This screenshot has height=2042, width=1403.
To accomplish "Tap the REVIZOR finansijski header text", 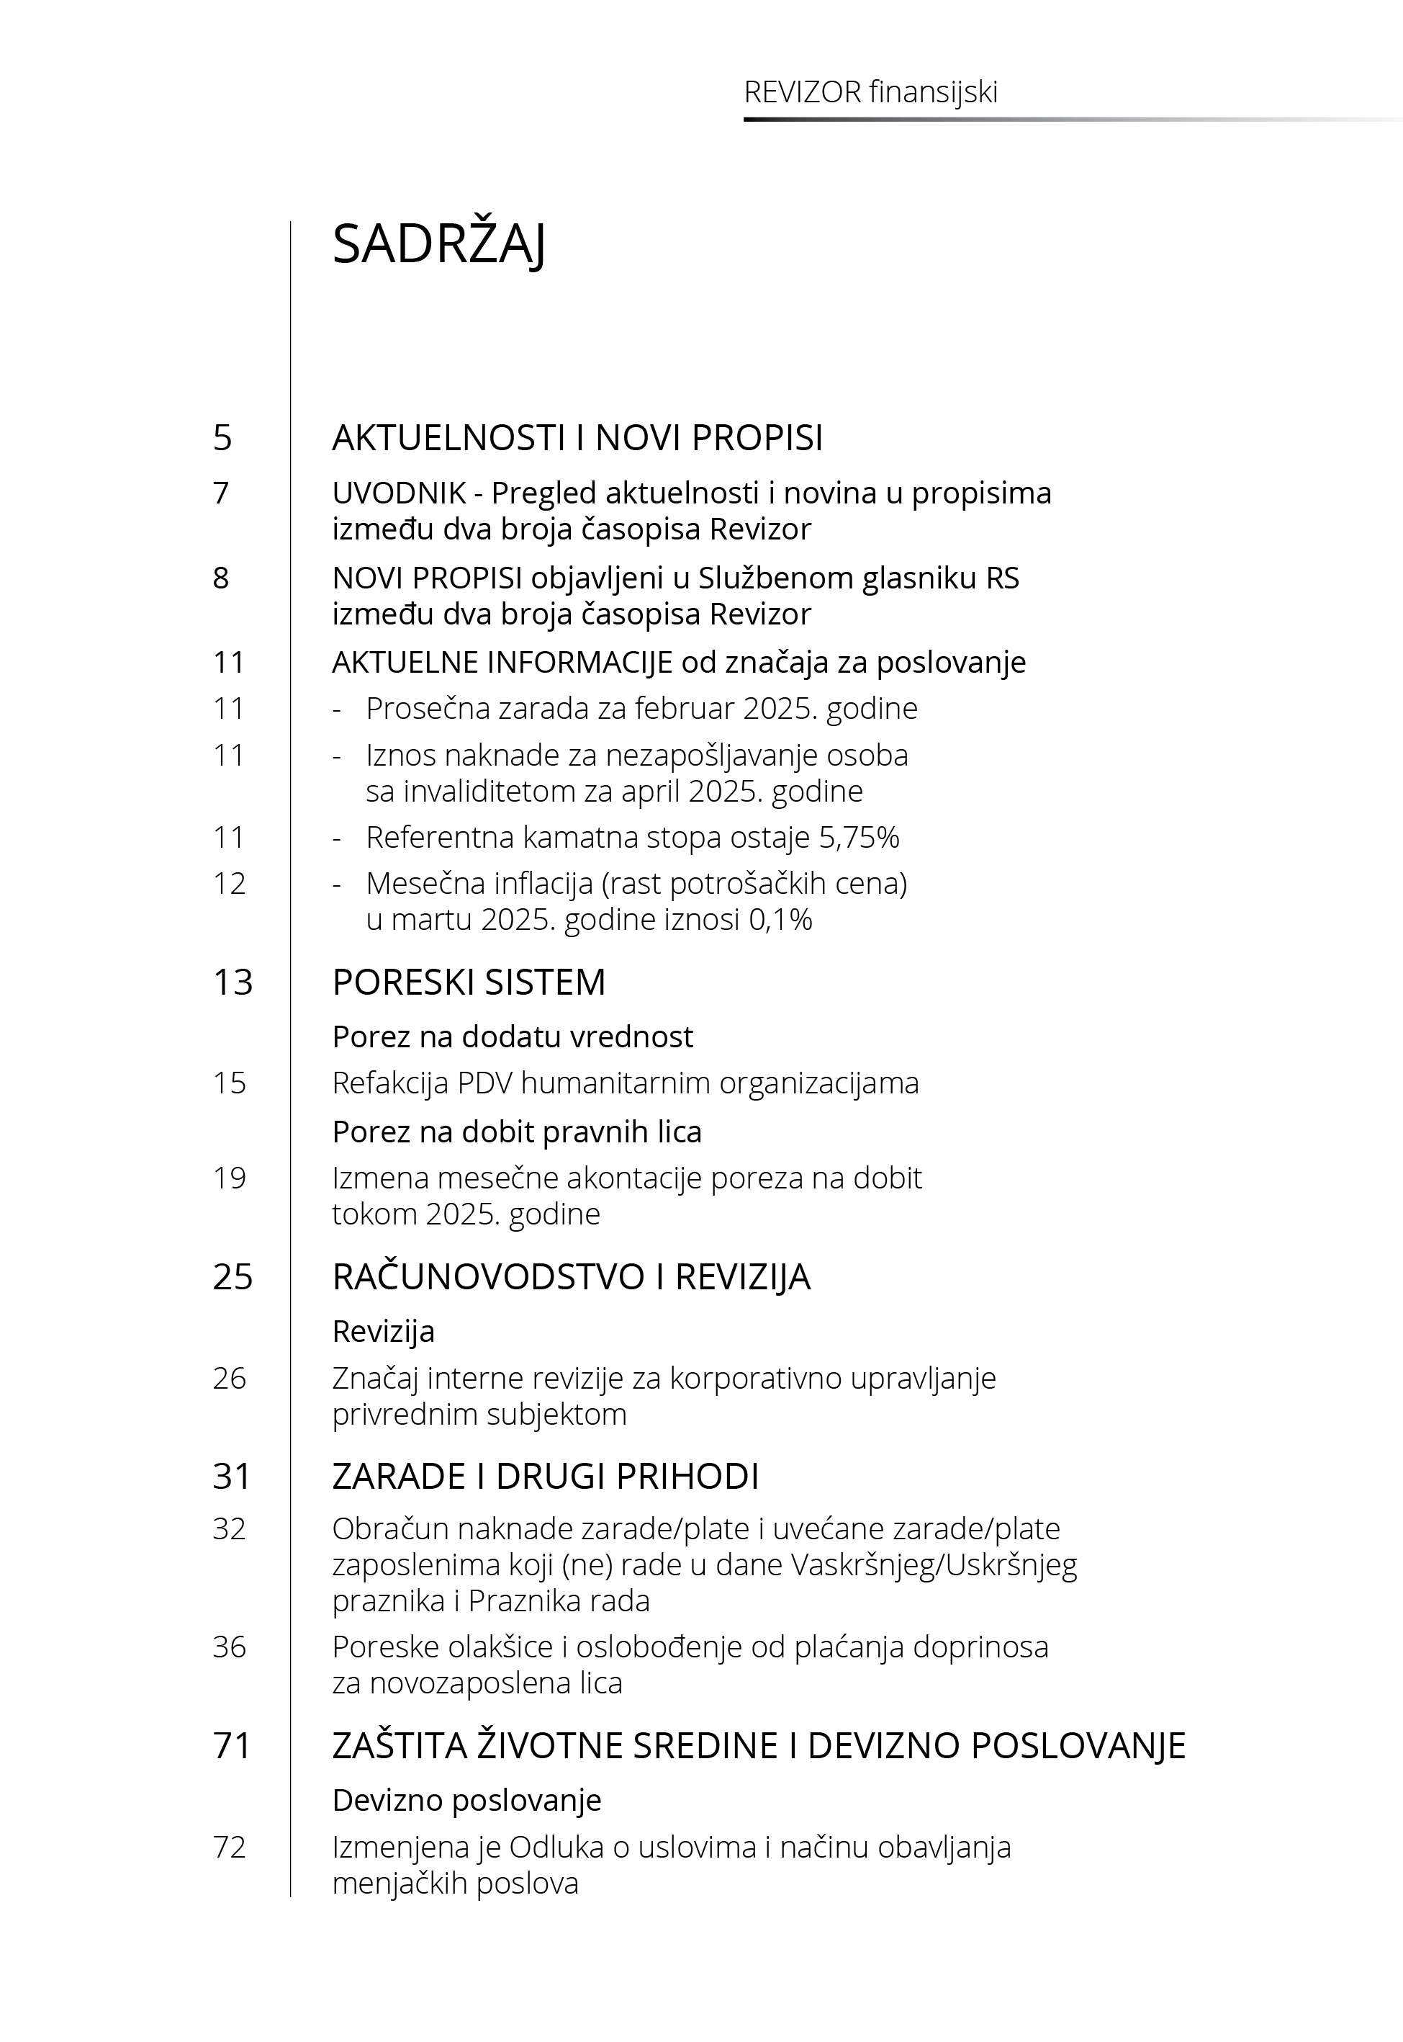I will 870,92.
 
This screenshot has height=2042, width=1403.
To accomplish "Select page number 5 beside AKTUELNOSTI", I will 222,438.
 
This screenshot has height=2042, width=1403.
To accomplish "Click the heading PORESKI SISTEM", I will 469,982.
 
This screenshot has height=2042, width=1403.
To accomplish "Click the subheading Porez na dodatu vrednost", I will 513,1036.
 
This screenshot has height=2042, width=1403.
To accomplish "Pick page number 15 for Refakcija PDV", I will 230,1083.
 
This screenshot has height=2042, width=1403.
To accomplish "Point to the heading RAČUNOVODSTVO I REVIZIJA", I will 571,1277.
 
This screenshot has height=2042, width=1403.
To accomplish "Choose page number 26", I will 230,1378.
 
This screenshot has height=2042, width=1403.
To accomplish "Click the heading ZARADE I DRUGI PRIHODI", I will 545,1477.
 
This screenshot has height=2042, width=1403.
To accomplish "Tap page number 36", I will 230,1647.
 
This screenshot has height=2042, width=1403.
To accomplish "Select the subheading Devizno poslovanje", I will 466,1800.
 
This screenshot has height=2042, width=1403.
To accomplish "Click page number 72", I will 230,1848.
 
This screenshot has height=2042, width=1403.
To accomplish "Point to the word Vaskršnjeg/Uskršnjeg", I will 934,1565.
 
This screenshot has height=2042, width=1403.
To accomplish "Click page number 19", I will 230,1178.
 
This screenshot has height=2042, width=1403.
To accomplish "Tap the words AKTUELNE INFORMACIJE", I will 502,662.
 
